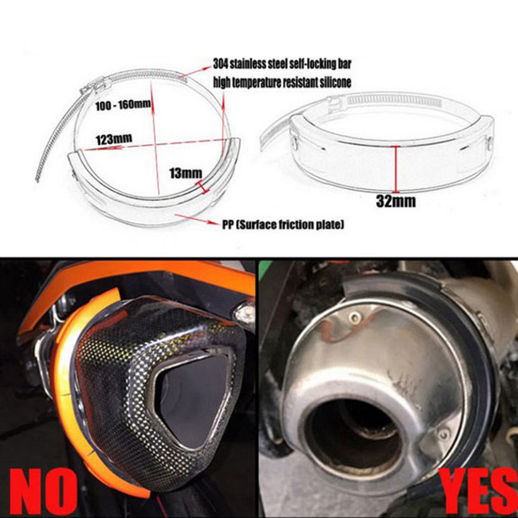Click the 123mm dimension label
coord(114,139)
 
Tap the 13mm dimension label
coord(185,173)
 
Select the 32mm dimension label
coord(396,201)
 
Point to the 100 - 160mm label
coord(123,105)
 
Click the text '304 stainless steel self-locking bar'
coord(282,64)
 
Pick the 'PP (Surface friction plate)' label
coord(283,225)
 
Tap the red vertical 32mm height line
coord(395,169)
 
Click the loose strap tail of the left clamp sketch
coord(56,139)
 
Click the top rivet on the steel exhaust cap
coord(355,318)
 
